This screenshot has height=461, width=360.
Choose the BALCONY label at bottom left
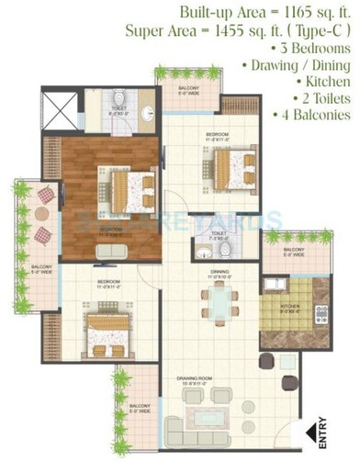[x=139, y=406]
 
